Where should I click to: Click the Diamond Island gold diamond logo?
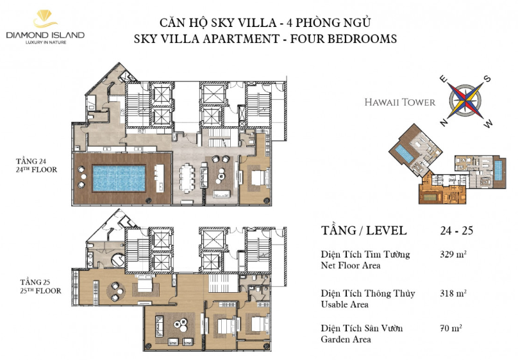45,19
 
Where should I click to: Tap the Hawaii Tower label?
400,102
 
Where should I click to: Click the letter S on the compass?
487,79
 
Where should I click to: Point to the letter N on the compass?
444,123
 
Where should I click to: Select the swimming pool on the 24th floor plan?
119,178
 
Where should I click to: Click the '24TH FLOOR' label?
37,170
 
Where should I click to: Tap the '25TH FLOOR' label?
40,291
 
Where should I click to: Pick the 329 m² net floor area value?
453,254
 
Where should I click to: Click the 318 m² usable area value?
453,293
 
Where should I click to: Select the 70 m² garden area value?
451,328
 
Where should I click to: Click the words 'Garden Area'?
346,340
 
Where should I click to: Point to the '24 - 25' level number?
456,231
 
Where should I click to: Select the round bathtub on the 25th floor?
118,260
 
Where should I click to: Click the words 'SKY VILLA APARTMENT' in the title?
206,39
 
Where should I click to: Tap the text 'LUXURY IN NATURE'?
46,42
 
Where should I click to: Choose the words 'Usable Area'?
344,304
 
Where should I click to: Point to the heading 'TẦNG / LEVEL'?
363,231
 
